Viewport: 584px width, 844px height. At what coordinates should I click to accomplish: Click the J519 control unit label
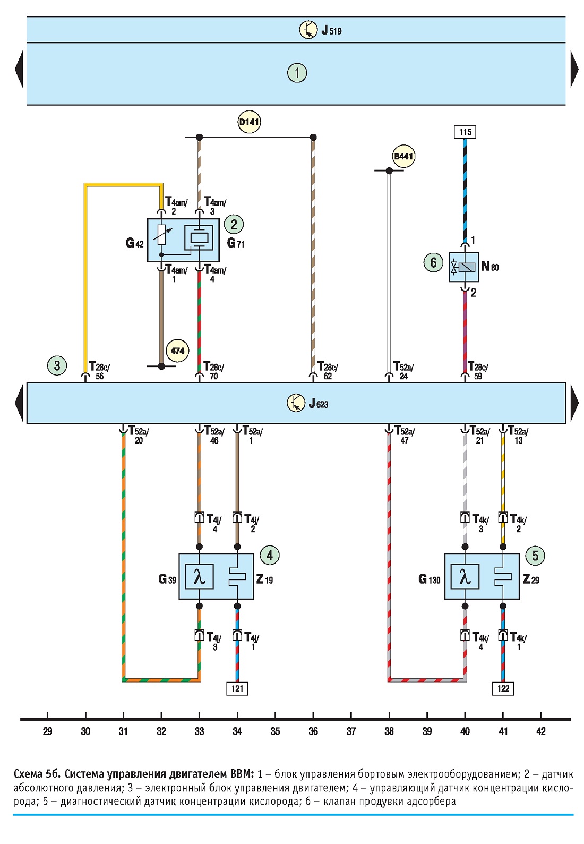click(x=331, y=30)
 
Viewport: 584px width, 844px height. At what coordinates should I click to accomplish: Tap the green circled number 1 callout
click(x=297, y=73)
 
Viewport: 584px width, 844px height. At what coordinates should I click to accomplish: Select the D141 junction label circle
click(x=249, y=122)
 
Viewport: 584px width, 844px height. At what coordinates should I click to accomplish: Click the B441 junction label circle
click(x=403, y=156)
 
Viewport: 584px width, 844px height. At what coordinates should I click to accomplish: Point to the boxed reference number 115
click(x=465, y=132)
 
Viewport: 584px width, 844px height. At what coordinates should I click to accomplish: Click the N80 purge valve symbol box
click(x=463, y=267)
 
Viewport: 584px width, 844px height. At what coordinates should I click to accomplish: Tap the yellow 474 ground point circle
click(x=177, y=351)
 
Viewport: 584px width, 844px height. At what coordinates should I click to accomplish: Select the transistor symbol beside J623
click(x=296, y=403)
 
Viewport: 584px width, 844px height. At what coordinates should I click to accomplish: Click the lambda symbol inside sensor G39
click(x=199, y=576)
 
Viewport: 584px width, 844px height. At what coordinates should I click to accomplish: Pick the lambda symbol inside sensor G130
click(x=465, y=576)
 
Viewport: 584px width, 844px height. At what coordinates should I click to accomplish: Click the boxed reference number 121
click(x=237, y=688)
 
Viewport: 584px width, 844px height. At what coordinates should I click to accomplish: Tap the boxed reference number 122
click(x=503, y=688)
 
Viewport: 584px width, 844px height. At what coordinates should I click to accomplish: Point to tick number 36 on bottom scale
click(x=313, y=731)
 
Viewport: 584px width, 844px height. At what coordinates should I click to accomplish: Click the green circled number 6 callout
click(x=433, y=262)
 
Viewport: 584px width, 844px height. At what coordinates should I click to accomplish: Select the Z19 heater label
click(x=264, y=579)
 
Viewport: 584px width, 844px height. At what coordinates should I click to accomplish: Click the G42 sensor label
click(x=134, y=243)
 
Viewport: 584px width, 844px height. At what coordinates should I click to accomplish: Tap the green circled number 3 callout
click(x=57, y=365)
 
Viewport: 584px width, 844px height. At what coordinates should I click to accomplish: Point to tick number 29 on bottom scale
click(x=47, y=731)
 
